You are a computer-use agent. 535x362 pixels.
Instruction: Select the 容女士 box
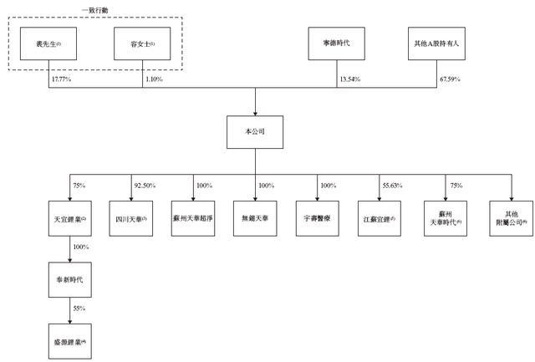click(x=142, y=44)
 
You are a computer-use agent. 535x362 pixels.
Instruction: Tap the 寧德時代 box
click(x=337, y=44)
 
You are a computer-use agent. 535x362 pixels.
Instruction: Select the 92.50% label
click(x=145, y=185)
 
